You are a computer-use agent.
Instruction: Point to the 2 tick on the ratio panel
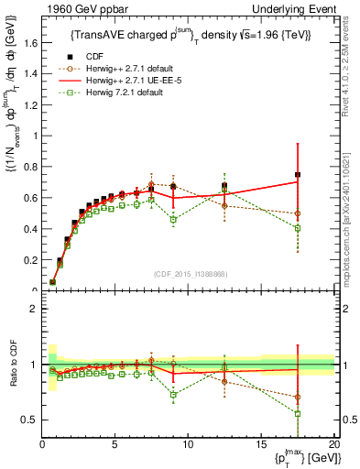click(x=35, y=309)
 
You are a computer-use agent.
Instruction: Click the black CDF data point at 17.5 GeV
click(x=297, y=174)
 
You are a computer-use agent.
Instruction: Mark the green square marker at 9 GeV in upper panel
click(x=174, y=220)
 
